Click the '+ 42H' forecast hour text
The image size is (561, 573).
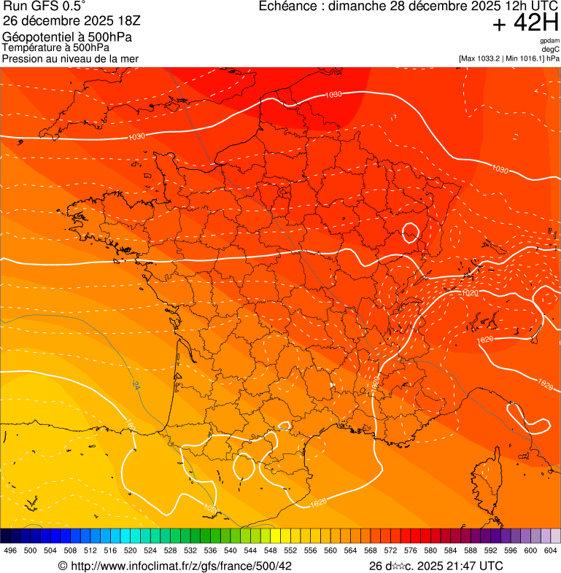click(x=525, y=23)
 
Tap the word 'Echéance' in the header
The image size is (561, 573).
click(x=290, y=7)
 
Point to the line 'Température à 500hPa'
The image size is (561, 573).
click(x=55, y=47)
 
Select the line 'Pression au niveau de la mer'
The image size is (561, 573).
click(x=70, y=58)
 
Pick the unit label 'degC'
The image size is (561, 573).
click(x=551, y=49)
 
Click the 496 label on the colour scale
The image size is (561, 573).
click(x=10, y=550)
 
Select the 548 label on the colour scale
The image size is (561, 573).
click(x=270, y=550)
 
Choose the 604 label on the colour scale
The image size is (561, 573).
click(x=550, y=550)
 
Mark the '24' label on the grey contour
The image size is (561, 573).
click(x=136, y=386)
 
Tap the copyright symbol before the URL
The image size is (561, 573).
click(x=63, y=566)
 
